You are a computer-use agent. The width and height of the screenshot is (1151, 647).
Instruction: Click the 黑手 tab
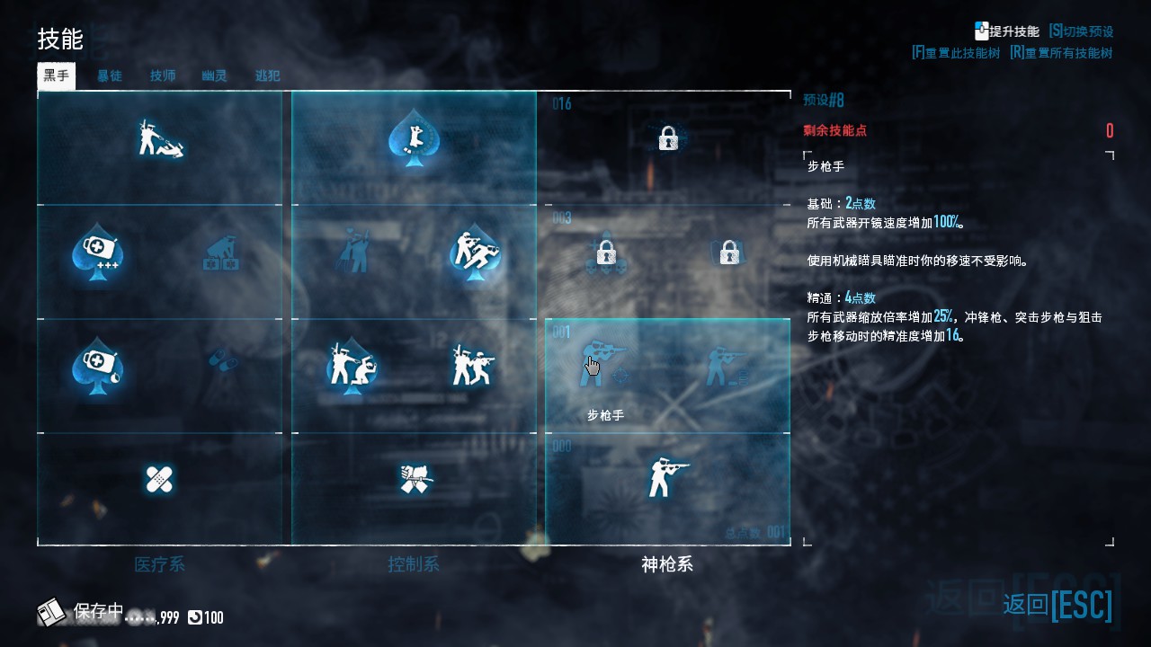coord(56,75)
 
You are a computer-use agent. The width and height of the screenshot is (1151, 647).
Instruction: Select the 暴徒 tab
coord(110,75)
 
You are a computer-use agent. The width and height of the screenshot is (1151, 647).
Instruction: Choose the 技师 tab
coord(163,75)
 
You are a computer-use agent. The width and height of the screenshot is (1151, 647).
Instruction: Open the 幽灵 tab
coord(214,75)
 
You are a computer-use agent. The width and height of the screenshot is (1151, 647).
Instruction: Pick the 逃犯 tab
coord(267,75)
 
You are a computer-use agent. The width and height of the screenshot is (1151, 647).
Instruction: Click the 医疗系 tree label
coord(159,564)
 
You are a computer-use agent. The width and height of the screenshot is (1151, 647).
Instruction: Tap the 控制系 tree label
coord(414,564)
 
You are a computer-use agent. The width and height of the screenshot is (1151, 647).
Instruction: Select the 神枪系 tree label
coord(666,564)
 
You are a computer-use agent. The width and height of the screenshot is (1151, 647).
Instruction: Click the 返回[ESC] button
coord(1057,605)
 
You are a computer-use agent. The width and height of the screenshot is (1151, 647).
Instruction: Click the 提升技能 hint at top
coord(1006,31)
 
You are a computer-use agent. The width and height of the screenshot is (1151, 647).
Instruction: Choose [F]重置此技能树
coord(955,53)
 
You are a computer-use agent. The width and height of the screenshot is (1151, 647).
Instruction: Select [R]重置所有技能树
coord(1061,53)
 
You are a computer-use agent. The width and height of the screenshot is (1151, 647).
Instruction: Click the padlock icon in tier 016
coord(667,138)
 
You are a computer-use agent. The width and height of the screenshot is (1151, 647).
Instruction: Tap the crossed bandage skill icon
coord(159,479)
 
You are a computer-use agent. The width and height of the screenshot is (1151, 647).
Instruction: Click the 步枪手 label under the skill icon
coord(605,415)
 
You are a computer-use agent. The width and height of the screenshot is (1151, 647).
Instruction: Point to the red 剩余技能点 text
coord(834,130)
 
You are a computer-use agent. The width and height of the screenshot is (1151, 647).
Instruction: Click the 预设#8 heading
coord(824,100)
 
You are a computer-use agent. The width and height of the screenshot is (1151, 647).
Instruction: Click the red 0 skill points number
coord(1109,131)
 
